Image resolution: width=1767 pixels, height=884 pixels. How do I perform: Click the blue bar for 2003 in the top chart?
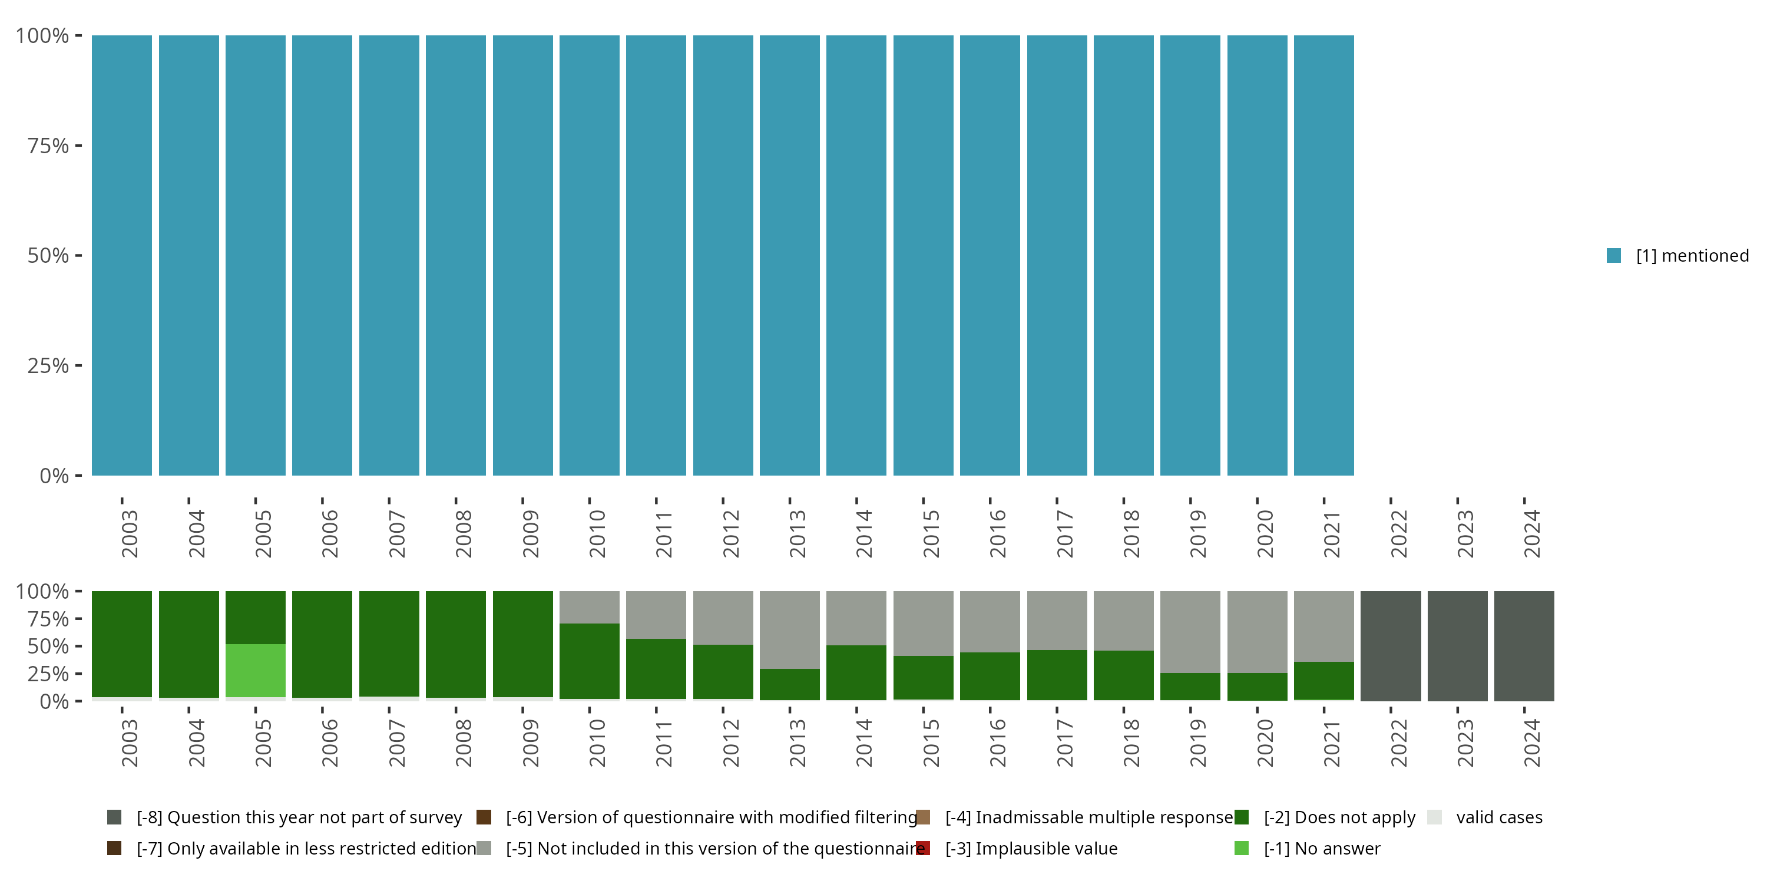[x=122, y=255]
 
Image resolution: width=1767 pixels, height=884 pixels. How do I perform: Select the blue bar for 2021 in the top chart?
[x=1323, y=255]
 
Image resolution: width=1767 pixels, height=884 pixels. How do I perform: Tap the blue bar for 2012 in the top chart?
[x=723, y=255]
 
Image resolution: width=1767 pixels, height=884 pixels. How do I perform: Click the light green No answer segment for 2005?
[x=255, y=671]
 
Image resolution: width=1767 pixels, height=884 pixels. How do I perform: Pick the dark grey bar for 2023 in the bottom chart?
[x=1457, y=646]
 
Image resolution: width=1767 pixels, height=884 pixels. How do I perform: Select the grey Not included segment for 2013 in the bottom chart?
[x=789, y=629]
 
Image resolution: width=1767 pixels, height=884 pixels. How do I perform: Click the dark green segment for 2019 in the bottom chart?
[x=1190, y=687]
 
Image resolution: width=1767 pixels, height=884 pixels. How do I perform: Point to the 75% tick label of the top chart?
[x=48, y=146]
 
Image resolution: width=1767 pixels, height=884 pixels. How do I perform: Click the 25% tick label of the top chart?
[x=48, y=366]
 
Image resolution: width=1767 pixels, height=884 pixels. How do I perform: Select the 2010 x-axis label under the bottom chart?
[x=597, y=743]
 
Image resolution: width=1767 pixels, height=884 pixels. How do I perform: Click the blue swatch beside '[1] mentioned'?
[x=1613, y=255]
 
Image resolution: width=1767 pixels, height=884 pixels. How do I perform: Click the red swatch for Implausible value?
[x=924, y=848]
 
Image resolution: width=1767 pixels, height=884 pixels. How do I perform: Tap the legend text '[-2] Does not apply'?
[x=1339, y=817]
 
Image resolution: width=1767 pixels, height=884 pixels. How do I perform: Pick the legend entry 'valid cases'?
[x=1499, y=817]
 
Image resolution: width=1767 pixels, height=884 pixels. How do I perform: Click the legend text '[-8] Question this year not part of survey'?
[x=299, y=817]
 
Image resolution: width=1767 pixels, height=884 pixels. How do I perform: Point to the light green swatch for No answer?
[x=1241, y=848]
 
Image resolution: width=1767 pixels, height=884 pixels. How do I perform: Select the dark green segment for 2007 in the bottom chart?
[x=389, y=644]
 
